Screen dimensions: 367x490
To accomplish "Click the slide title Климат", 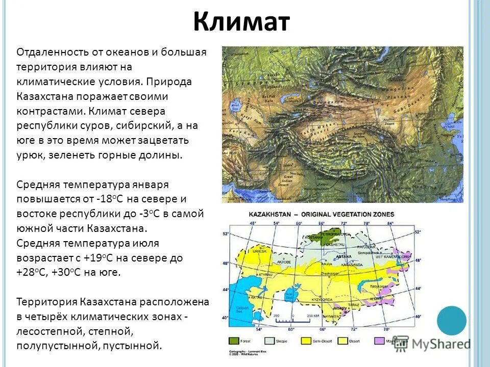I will [241, 22].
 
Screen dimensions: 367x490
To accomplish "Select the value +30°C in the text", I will [68, 272].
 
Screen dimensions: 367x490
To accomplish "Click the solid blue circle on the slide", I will [451, 320].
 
